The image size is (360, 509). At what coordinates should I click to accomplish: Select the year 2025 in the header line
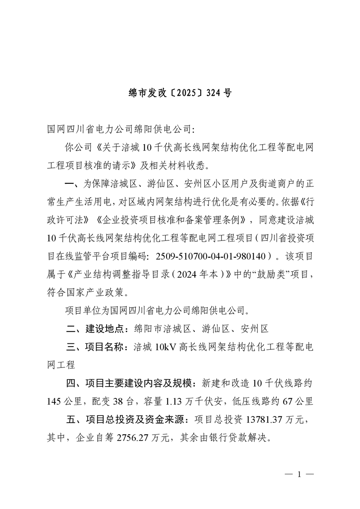pos(187,93)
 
